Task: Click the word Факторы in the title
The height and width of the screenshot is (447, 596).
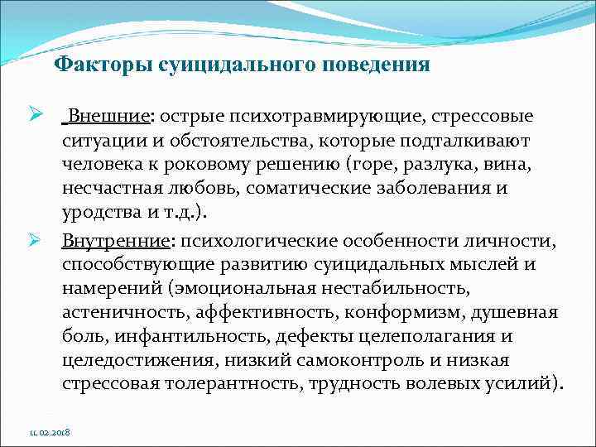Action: (90, 65)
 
